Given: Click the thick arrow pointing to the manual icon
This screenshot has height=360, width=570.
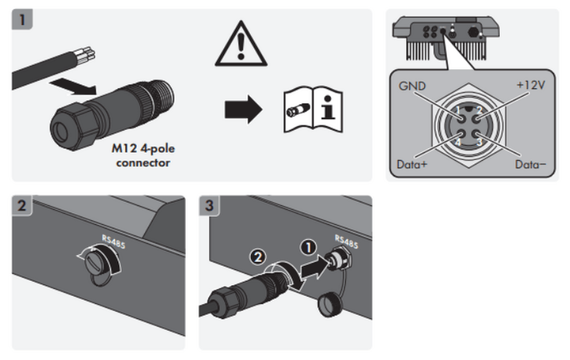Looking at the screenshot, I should pyautogui.click(x=244, y=109).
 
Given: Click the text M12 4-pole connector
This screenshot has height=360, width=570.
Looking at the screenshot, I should pyautogui.click(x=143, y=156).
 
